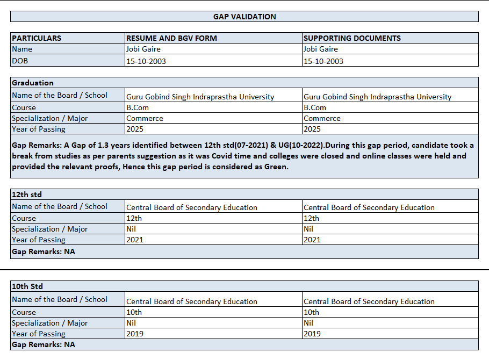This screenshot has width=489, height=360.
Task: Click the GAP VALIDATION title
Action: click(x=244, y=17)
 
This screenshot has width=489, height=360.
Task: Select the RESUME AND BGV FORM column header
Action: click(x=171, y=38)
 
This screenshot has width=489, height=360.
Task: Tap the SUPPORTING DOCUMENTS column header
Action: click(x=352, y=38)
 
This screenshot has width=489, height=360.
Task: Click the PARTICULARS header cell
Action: click(x=37, y=38)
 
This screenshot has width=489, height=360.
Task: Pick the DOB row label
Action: click(x=20, y=61)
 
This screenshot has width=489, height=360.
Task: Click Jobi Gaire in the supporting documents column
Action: click(x=321, y=49)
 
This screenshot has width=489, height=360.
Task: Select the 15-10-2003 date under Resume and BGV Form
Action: click(x=146, y=61)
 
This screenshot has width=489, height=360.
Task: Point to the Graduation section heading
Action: click(x=33, y=83)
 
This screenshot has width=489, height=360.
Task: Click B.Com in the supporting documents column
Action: click(x=315, y=107)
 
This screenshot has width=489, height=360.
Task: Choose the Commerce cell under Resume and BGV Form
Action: click(x=145, y=118)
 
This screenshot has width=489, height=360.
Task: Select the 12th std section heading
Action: click(x=26, y=195)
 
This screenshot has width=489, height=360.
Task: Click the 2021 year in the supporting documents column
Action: click(x=312, y=240)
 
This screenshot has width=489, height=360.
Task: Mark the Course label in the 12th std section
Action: click(x=24, y=218)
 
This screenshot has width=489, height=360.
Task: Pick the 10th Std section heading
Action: click(x=27, y=286)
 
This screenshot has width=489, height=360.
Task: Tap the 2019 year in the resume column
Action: click(x=135, y=334)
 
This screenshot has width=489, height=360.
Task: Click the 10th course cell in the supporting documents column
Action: click(x=312, y=312)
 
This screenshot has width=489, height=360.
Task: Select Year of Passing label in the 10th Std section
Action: click(x=39, y=334)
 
